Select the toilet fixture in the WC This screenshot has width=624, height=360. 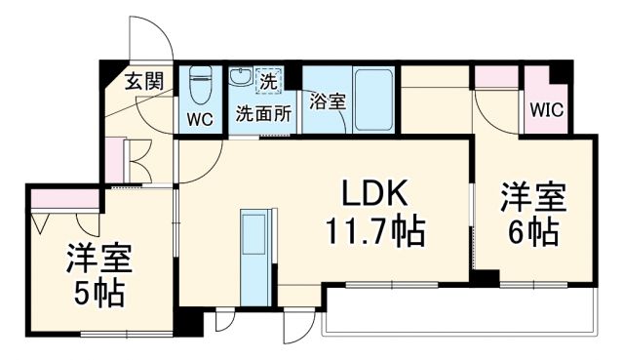point(201,86)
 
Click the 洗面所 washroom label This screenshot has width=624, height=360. point(263,113)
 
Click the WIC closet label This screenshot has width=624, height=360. point(545,111)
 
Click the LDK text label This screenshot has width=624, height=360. point(372,192)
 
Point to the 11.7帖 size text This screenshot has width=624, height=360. point(372,232)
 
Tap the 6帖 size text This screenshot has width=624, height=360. point(533,232)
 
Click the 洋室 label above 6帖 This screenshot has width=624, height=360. point(533,196)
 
